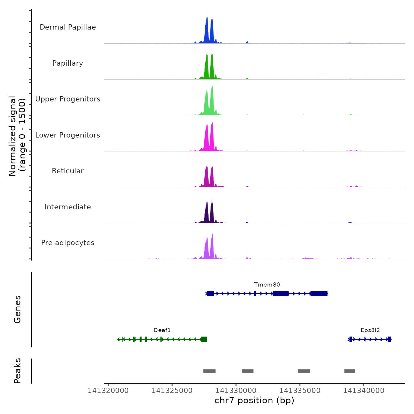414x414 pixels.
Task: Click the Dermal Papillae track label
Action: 68,27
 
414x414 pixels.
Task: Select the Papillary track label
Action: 68,63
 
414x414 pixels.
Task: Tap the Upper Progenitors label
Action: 68,99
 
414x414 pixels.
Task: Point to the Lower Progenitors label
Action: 68,135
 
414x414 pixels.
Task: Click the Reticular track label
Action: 68,171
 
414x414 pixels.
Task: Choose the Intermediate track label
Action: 68,207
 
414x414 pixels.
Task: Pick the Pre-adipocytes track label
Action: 68,243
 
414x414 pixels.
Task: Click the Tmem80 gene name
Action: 267,285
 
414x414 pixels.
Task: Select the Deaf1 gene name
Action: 162,330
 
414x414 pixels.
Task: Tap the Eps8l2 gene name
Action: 370,330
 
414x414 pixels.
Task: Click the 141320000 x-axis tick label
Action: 108,391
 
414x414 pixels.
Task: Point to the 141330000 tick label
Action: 236,391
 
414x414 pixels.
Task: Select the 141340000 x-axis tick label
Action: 364,391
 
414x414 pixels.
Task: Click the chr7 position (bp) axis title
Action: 254,401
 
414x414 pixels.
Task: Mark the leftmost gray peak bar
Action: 209,371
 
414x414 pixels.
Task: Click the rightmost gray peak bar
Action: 350,371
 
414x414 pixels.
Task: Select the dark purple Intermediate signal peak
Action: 207,213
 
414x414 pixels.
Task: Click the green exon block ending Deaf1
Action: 204,339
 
